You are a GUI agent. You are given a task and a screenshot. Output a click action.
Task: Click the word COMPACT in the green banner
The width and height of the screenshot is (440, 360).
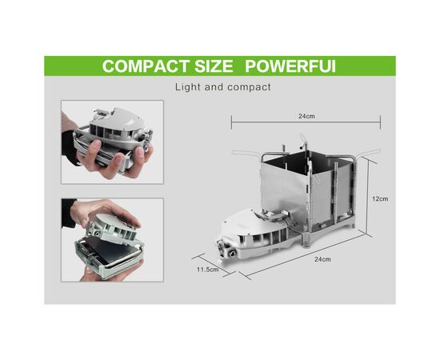(145, 66)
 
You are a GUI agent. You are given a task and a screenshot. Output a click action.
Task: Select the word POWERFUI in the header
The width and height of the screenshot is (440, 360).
(290, 66)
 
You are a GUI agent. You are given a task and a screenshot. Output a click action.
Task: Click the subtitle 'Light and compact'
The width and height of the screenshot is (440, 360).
(223, 87)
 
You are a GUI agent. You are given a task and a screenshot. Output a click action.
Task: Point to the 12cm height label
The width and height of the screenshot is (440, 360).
(380, 198)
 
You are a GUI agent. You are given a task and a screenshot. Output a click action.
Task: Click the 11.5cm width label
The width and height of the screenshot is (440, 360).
(208, 270)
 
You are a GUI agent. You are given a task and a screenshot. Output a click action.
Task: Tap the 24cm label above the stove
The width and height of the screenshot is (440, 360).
(306, 116)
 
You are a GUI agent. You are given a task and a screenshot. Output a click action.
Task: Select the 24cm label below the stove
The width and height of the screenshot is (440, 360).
(322, 259)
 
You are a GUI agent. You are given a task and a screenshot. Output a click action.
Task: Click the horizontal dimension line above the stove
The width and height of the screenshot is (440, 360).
(306, 122)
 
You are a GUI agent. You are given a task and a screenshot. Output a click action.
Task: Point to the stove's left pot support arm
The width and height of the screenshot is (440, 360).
(247, 153)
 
